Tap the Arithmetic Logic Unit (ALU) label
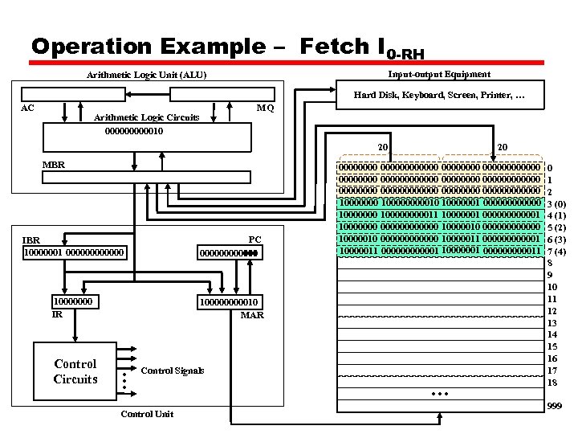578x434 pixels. [x=146, y=76]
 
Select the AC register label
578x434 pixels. [x=27, y=107]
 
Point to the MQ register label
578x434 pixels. [x=265, y=108]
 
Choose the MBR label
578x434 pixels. [x=54, y=165]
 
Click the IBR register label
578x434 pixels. [x=31, y=240]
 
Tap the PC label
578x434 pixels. [x=254, y=240]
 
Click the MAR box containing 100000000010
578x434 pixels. [x=230, y=301]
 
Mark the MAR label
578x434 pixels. [x=252, y=315]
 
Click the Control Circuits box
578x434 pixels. [x=75, y=371]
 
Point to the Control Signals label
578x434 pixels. [x=172, y=371]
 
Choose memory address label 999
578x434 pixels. [x=554, y=407]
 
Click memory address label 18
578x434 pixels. [x=552, y=383]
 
